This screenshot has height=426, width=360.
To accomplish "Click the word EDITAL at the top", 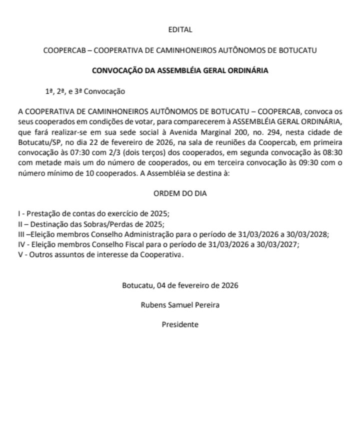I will (x=180, y=30).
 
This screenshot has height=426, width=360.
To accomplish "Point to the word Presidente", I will (x=180, y=324).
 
